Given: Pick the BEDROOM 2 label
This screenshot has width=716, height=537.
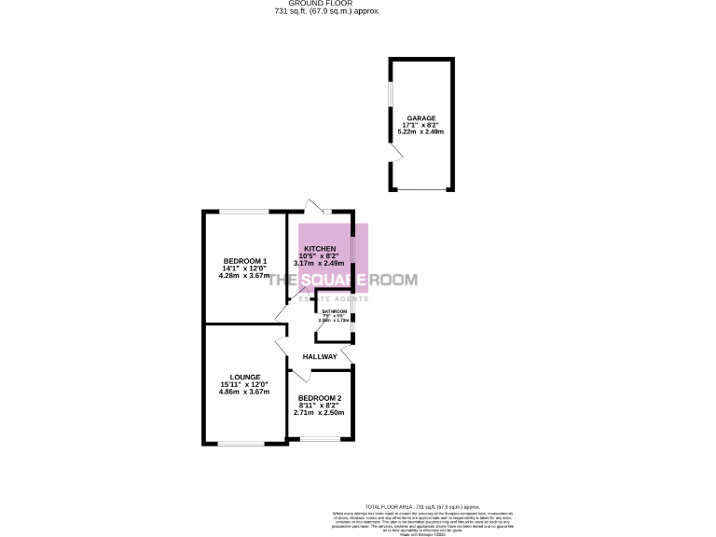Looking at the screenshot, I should pyautogui.click(x=319, y=397).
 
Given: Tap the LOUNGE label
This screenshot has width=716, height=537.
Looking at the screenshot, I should pyautogui.click(x=243, y=377).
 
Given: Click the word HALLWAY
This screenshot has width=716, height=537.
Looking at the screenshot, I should pyautogui.click(x=319, y=357).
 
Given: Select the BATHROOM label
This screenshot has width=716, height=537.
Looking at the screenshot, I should pyautogui.click(x=335, y=311).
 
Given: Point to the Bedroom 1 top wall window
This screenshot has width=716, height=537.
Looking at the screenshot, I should pyautogui.click(x=244, y=213).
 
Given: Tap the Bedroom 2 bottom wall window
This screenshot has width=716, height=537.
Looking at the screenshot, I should pyautogui.click(x=320, y=437).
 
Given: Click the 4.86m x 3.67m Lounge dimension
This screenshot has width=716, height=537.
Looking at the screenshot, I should pyautogui.click(x=244, y=392).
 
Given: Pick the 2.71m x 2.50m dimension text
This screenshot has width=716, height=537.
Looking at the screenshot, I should pyautogui.click(x=319, y=412).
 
